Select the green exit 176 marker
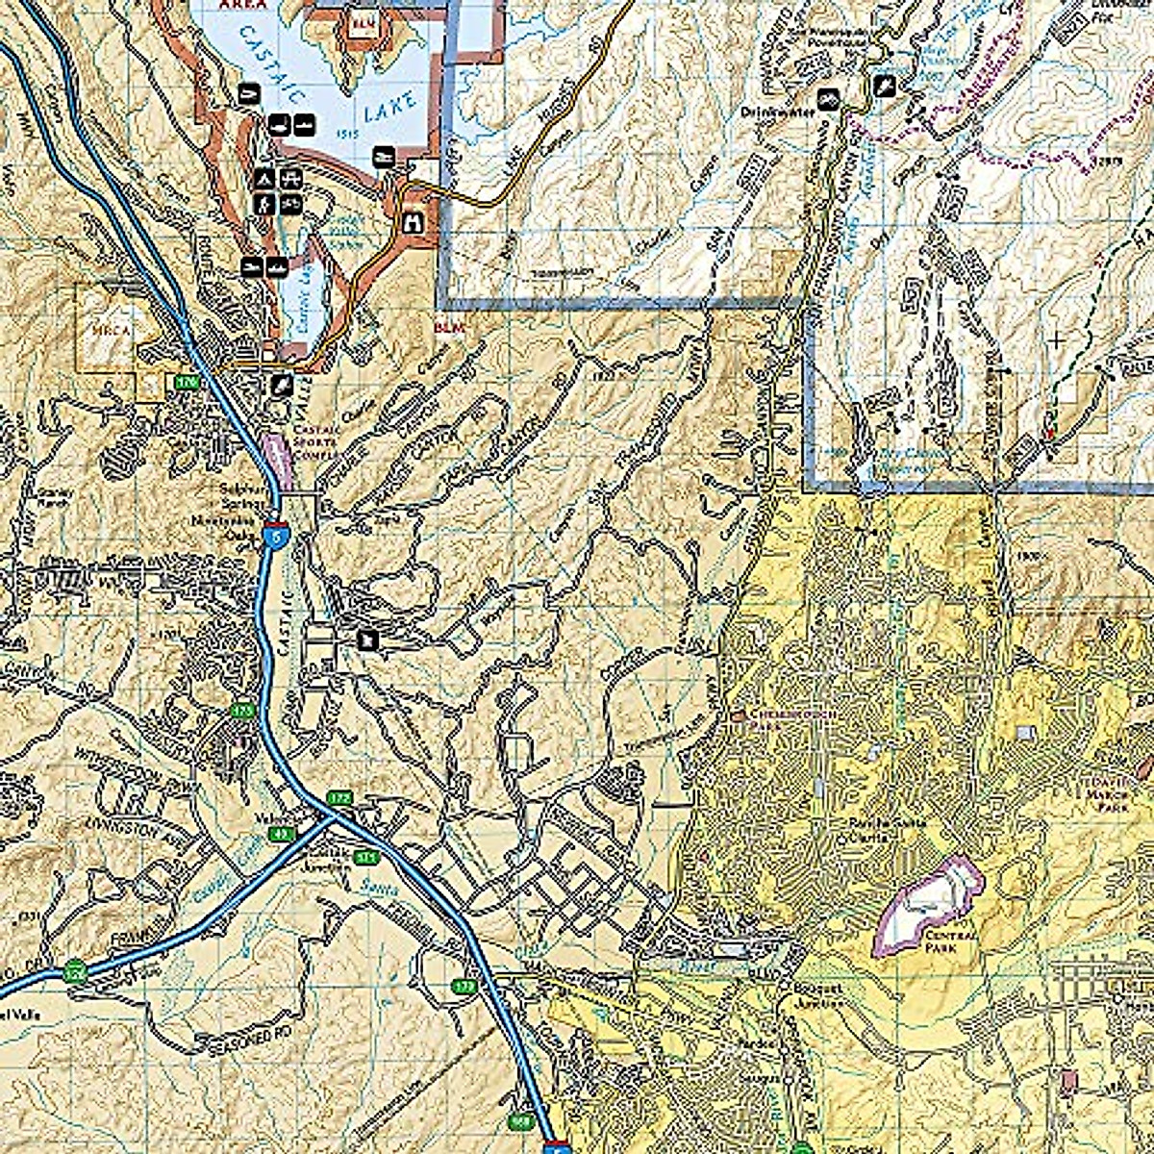click(x=186, y=383)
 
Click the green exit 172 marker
click(x=338, y=798)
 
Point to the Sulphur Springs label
click(x=237, y=494)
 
